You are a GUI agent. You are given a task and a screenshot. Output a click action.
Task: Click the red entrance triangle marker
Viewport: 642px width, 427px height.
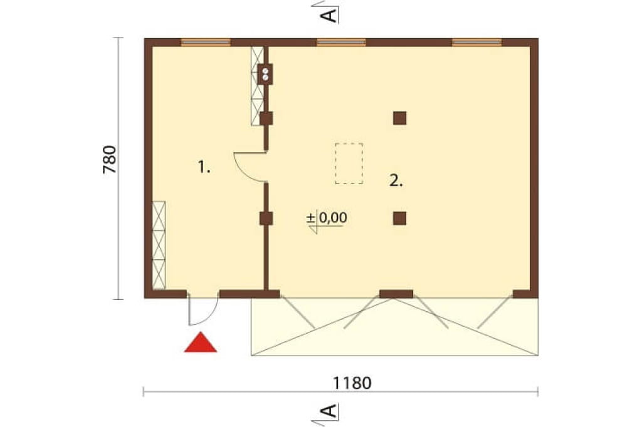pos(200,342)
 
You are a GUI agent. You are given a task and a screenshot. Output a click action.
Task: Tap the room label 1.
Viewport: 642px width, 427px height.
pos(204,167)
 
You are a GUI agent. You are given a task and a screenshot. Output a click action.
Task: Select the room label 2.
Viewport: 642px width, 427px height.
pos(396,180)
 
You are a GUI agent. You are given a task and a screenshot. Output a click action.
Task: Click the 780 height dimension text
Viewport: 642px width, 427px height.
pos(110,159)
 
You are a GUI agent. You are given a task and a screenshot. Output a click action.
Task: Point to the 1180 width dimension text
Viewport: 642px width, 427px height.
pos(352,383)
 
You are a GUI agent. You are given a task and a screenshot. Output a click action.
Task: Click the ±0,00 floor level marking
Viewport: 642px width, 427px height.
pos(327,218)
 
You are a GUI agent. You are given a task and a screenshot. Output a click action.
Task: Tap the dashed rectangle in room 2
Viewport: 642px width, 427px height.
pos(349,163)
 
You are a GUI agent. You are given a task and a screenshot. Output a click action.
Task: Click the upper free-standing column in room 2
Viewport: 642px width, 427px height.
pos(399,118)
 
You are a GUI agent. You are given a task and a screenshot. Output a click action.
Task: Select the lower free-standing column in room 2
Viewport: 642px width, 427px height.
pos(399,219)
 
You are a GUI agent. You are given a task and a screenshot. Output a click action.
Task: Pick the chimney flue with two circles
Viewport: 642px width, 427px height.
pos(265,74)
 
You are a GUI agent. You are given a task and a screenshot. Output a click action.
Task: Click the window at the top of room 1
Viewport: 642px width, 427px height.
pos(206,42)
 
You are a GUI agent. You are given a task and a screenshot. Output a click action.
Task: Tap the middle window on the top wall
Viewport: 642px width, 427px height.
pos(341,42)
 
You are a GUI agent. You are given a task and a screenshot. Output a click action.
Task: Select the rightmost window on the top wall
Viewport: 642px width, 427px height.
pos(477,42)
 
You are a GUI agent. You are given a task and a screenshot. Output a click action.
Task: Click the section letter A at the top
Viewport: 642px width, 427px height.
pos(330,16)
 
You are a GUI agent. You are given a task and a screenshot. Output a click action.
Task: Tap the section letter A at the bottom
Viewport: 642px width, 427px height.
pos(330,411)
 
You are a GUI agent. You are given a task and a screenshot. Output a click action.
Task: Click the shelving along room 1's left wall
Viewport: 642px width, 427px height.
pos(159,245)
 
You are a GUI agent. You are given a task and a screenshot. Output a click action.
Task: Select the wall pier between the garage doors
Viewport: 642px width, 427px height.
pos(396,294)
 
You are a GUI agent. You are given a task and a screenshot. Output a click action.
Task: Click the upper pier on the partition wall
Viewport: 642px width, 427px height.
pos(266,118)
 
